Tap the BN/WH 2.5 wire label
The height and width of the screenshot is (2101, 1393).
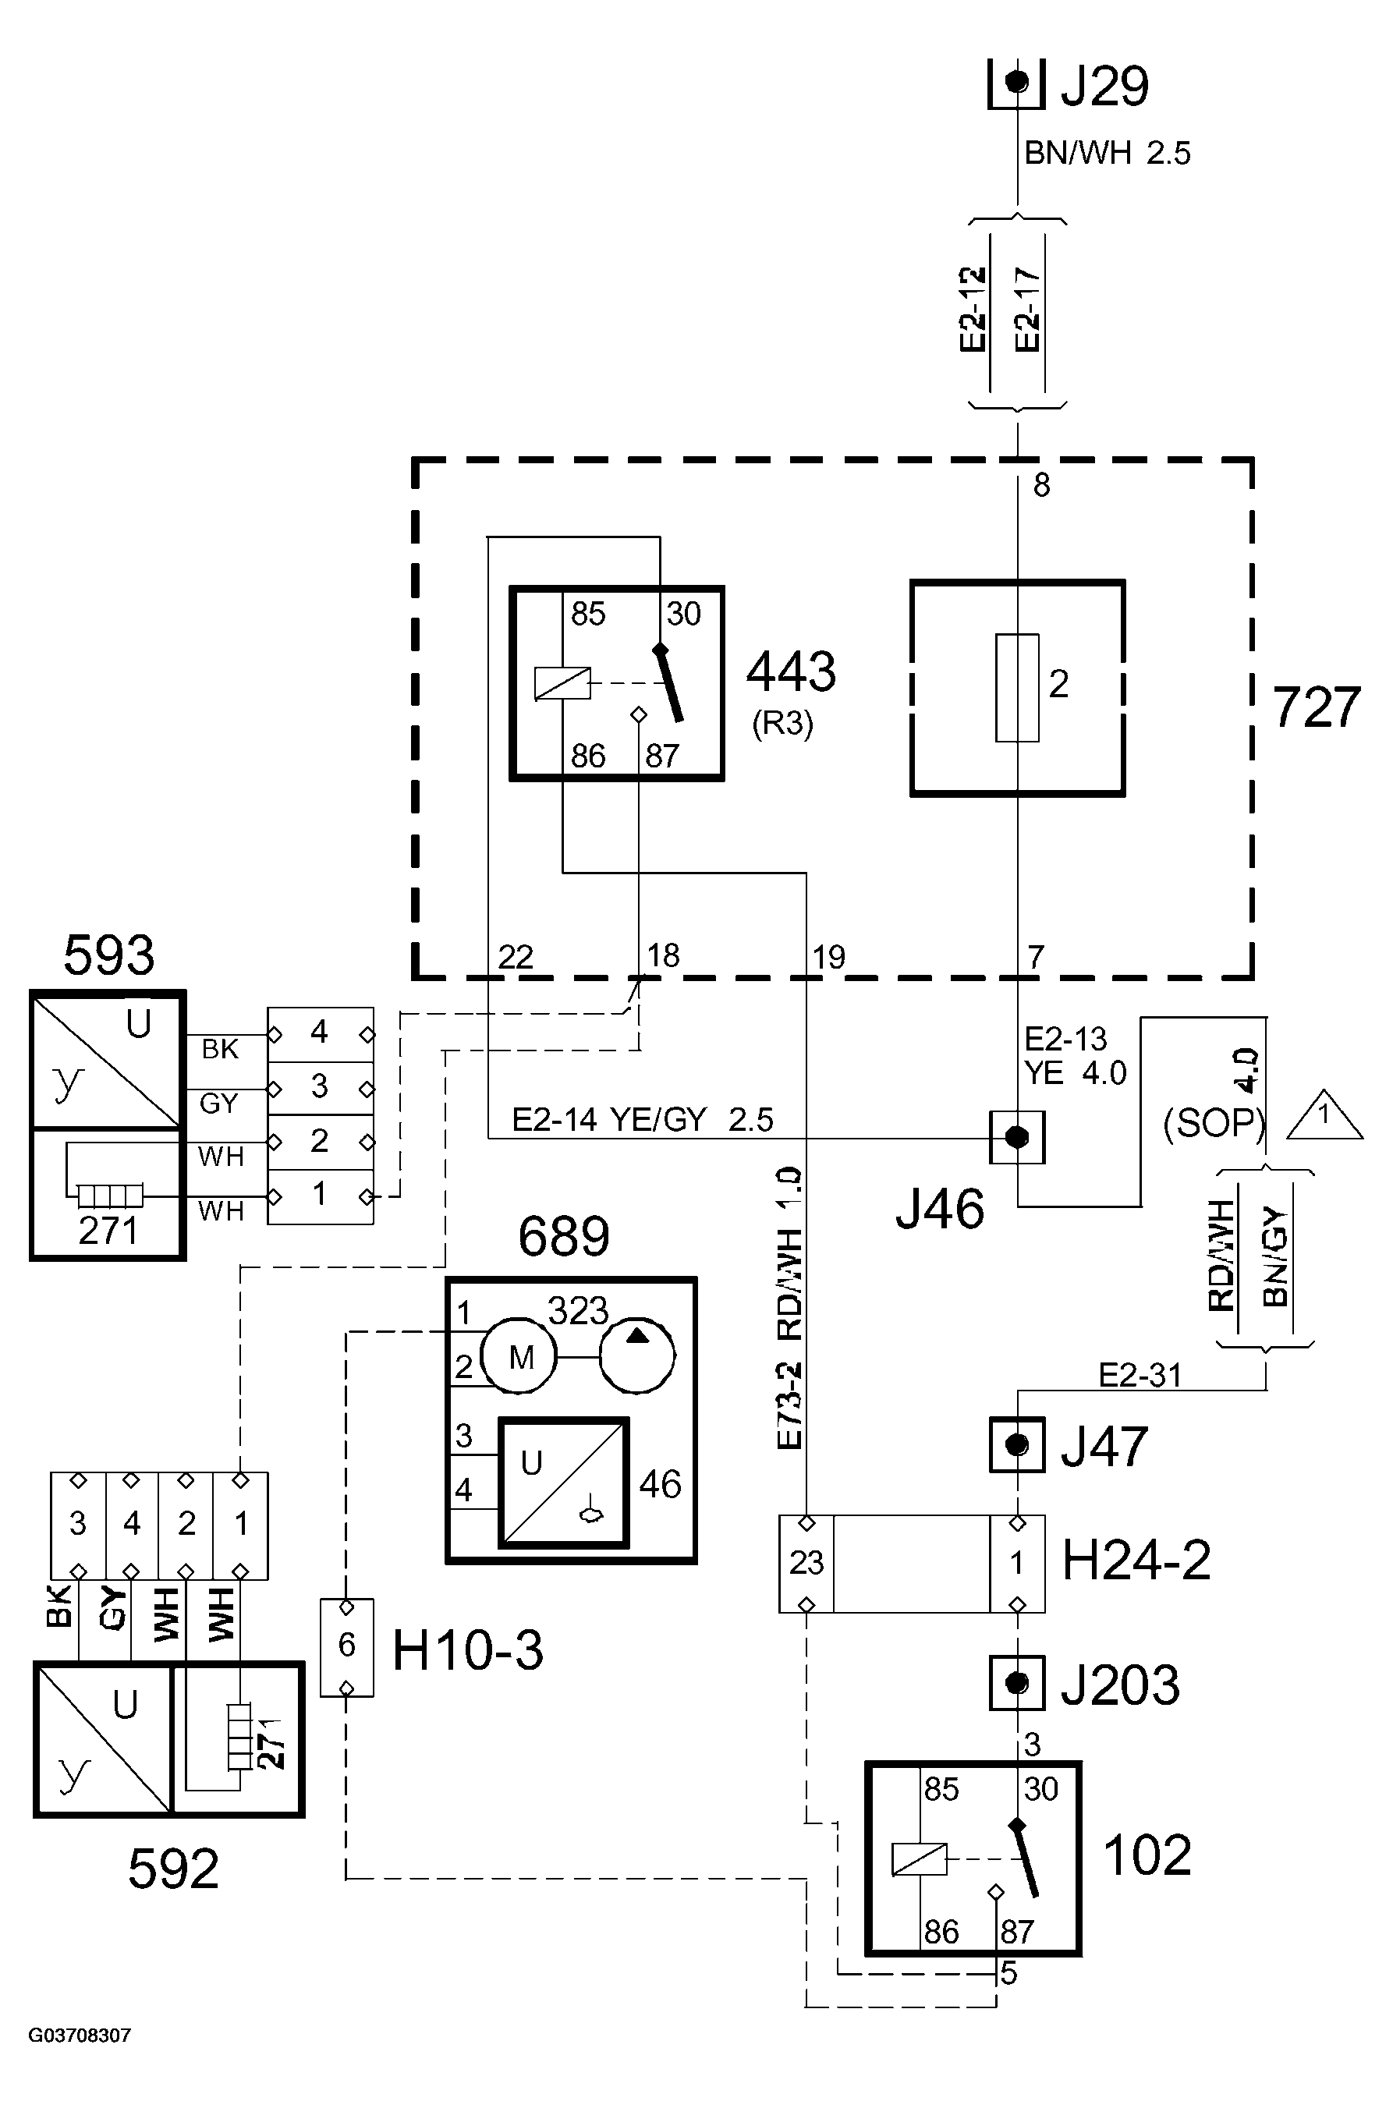(x=1107, y=154)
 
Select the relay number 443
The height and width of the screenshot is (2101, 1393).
(x=791, y=671)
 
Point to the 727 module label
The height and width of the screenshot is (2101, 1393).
(x=1317, y=708)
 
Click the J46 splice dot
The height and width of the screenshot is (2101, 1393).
(x=1017, y=1137)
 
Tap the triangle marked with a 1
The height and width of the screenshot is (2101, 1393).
(x=1324, y=1116)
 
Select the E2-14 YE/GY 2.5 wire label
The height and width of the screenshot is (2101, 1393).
(x=643, y=1120)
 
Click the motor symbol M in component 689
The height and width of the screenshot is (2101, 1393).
(x=519, y=1358)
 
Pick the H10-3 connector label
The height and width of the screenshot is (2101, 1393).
(x=467, y=1650)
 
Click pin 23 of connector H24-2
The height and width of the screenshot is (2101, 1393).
(x=806, y=1563)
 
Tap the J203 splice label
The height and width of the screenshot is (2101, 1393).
(x=1120, y=1684)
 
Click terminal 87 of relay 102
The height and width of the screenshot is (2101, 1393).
(x=1016, y=1931)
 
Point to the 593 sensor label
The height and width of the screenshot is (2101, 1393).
(x=108, y=957)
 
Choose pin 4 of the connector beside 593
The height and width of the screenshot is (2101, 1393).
(x=320, y=1033)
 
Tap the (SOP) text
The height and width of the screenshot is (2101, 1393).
(x=1214, y=1124)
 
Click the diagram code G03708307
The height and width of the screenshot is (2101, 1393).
(x=80, y=2035)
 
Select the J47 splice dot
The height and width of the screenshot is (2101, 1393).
(x=1017, y=1444)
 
